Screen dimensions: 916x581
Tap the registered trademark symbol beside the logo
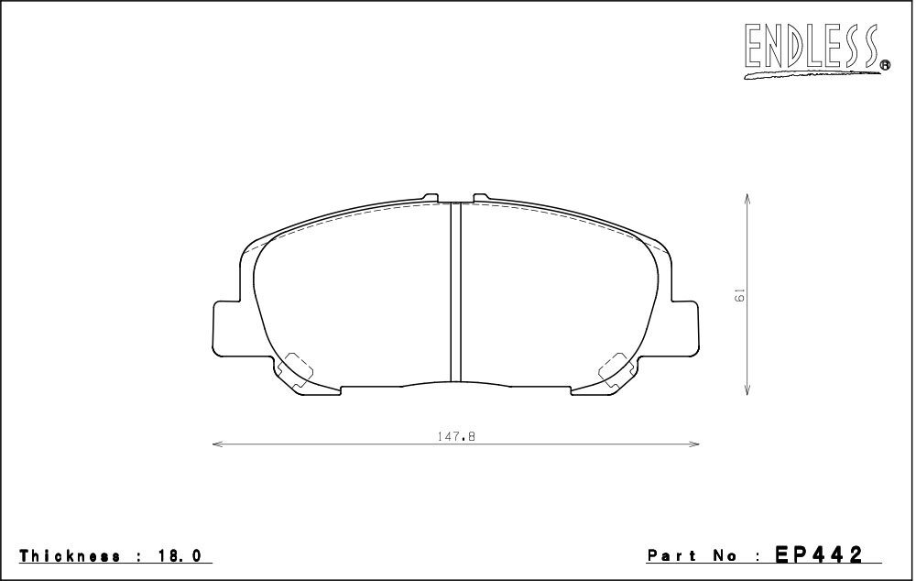885,65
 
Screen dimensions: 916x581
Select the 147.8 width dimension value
455,436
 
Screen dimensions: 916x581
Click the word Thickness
71,556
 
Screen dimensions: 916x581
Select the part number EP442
818,554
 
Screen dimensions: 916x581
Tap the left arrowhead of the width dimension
217,444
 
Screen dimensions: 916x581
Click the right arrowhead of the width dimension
694,444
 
